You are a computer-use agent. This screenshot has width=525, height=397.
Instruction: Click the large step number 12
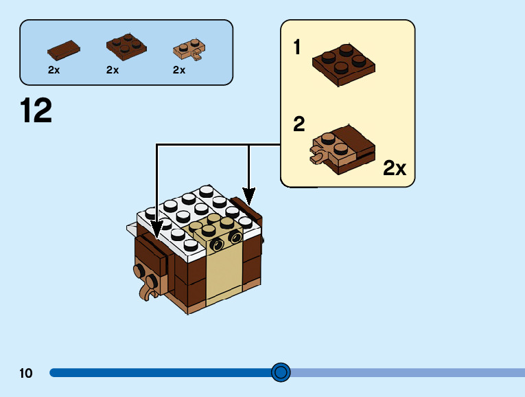(36, 111)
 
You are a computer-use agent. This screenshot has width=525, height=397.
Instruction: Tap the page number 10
(26, 373)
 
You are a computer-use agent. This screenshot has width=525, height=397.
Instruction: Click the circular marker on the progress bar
(281, 372)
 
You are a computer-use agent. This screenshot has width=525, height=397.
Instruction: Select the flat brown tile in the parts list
(62, 49)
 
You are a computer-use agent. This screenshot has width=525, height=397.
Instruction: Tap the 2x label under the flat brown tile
(54, 70)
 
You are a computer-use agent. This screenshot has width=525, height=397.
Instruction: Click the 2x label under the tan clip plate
(179, 70)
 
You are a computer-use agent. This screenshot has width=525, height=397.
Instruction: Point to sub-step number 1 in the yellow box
(298, 47)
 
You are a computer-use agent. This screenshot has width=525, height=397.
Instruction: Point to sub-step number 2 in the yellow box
(299, 124)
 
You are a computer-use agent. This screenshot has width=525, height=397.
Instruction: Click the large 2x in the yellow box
(395, 168)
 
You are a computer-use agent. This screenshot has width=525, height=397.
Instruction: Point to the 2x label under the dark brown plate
(113, 70)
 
